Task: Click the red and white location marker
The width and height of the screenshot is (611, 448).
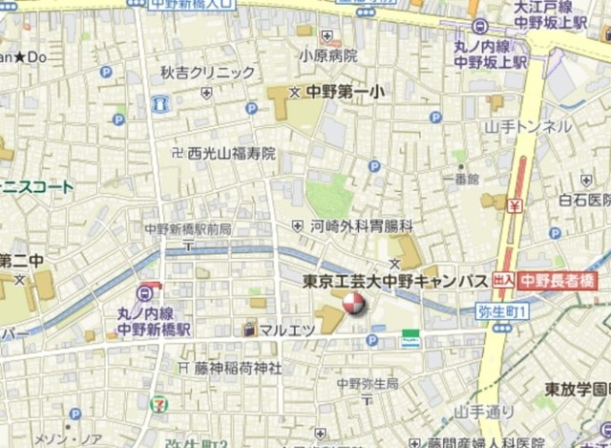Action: [x=352, y=304]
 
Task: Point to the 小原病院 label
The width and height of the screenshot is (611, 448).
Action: [x=327, y=55]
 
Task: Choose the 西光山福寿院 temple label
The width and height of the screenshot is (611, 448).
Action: [x=231, y=152]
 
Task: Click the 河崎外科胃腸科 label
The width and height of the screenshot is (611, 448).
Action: [x=362, y=226]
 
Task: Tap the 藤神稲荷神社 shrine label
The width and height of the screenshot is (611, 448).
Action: [x=238, y=367]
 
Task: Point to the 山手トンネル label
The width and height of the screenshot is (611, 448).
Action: [x=528, y=126]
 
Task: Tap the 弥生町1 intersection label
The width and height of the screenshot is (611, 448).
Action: [x=502, y=311]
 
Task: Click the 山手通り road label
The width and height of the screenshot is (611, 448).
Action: [x=484, y=412]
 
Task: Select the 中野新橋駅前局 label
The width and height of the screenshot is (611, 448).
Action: [x=188, y=229]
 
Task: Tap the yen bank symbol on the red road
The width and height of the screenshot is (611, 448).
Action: [x=515, y=204]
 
